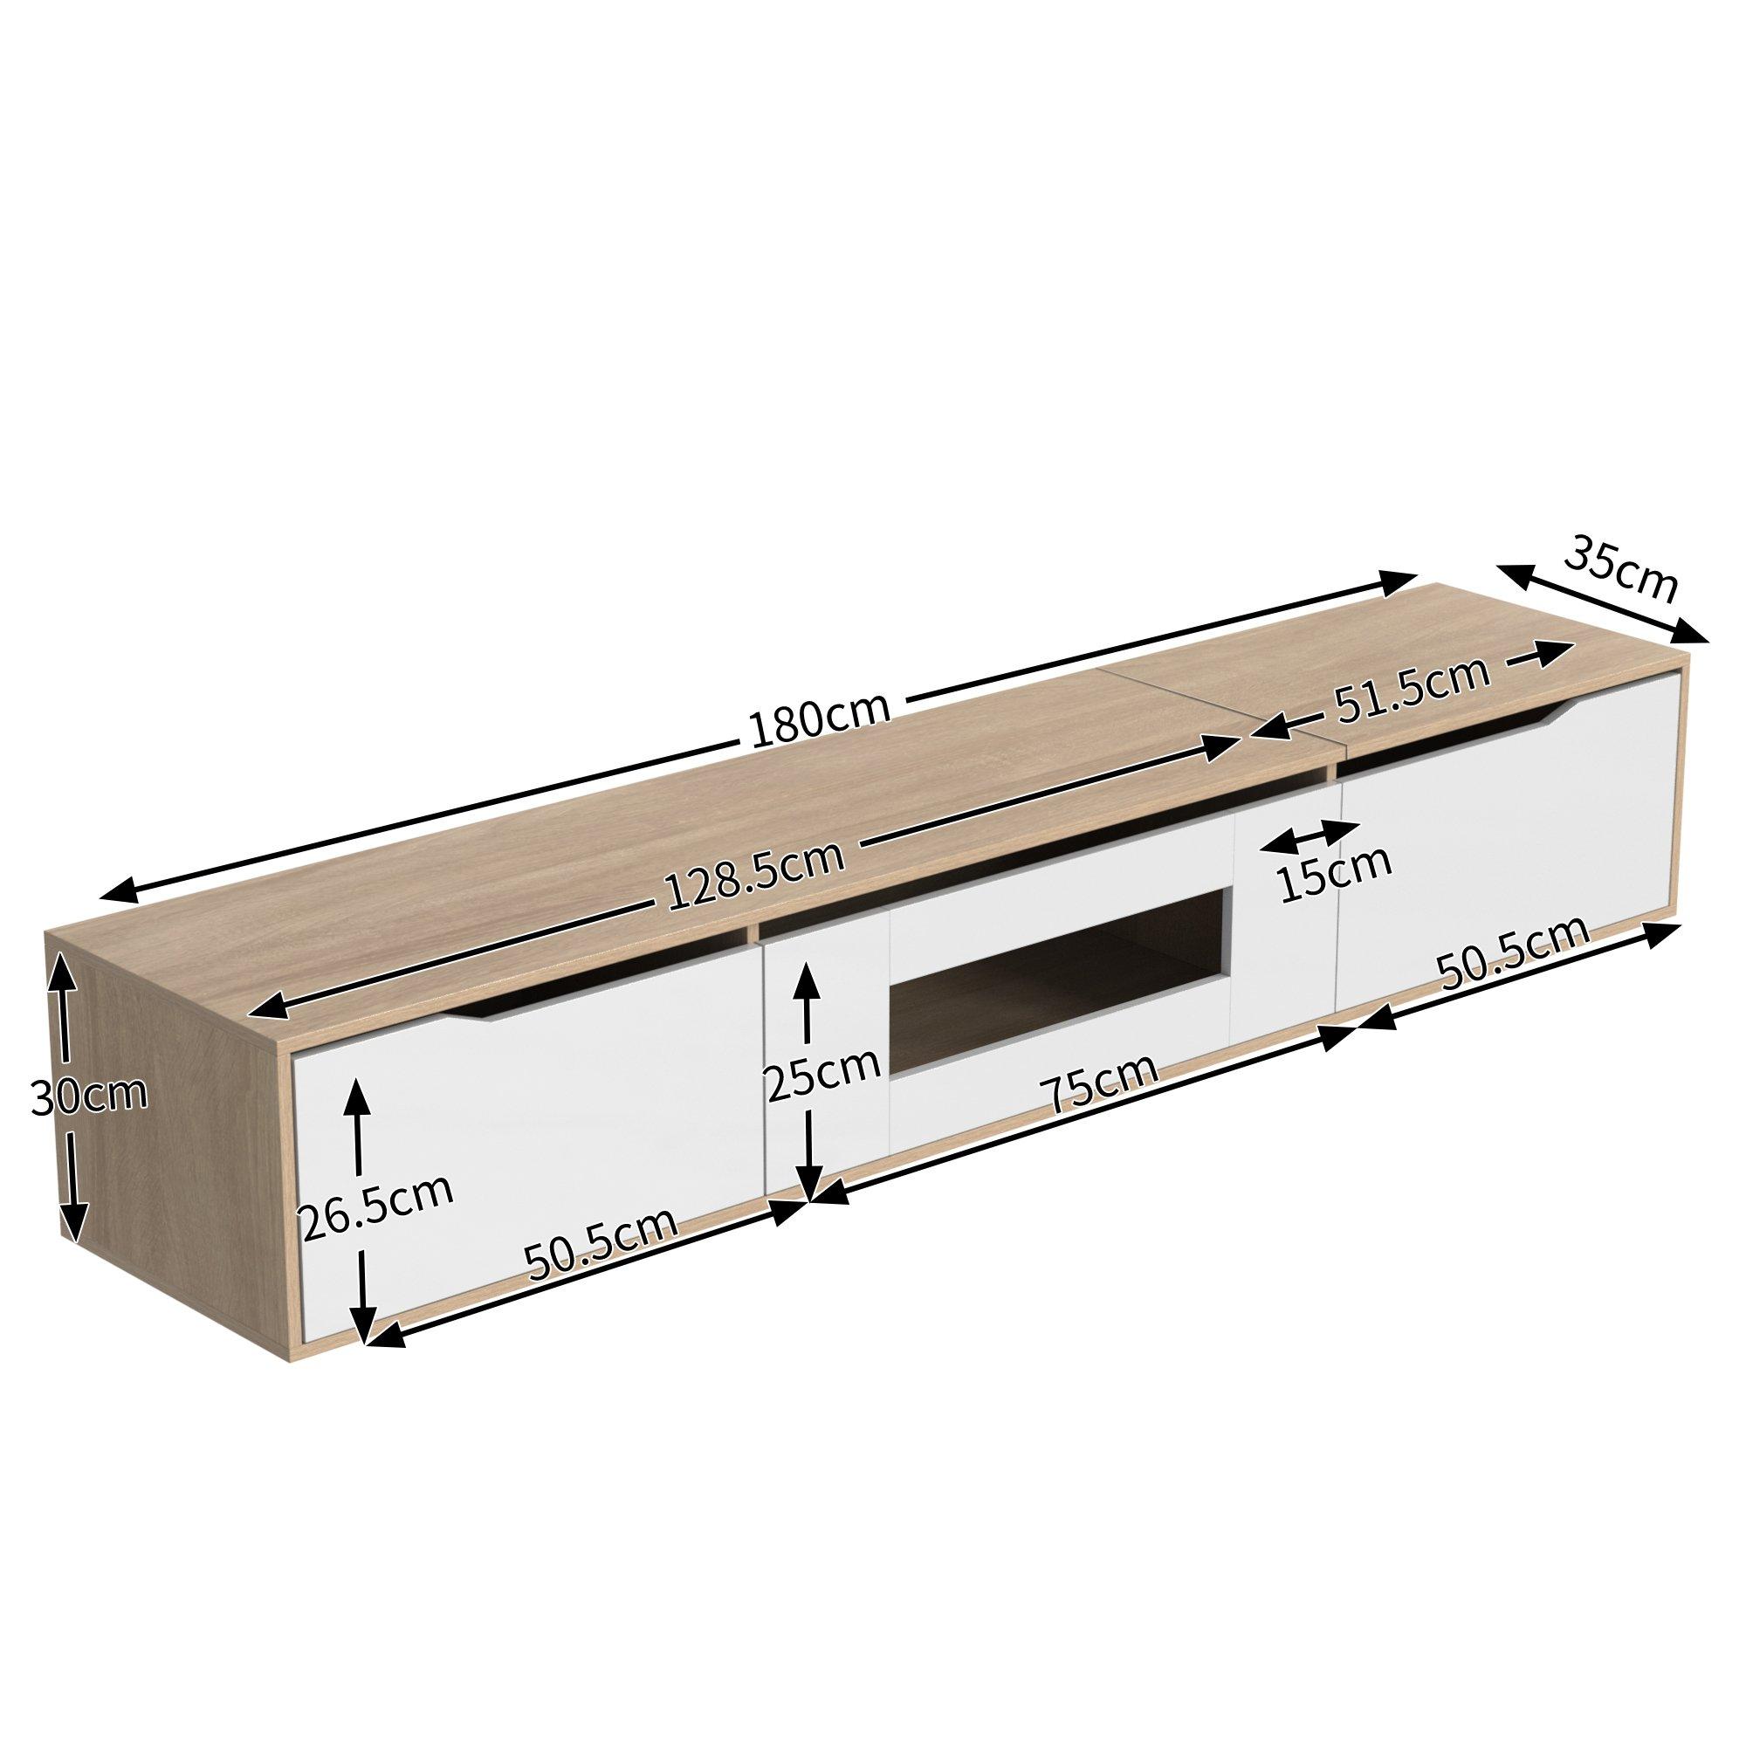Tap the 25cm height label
point(821,1076)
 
